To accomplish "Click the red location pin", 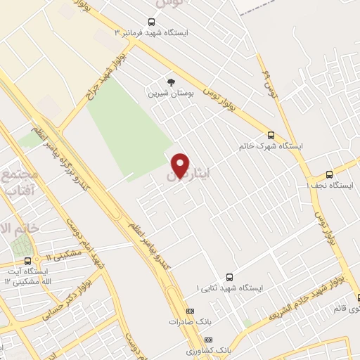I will pos(181,165).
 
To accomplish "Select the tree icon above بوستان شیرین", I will pos(168,82).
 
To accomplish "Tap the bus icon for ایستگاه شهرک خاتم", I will pos(271,135).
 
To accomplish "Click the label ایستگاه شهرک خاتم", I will pos(271,146).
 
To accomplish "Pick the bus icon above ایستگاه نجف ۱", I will pos(329,174).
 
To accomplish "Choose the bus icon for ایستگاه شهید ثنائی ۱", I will pos(230,276).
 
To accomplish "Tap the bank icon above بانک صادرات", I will pos(188,310).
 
